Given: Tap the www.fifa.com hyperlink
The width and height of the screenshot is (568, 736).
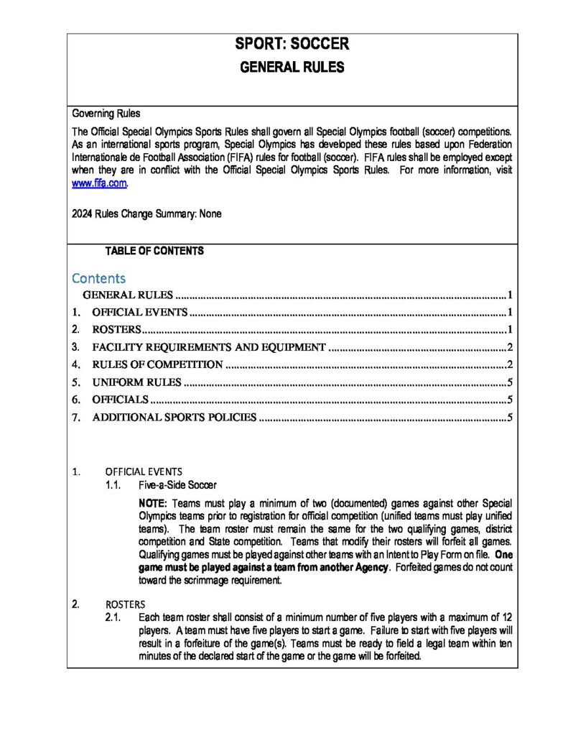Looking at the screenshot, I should click(x=100, y=183).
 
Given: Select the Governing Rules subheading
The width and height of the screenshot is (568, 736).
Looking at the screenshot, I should click(x=106, y=114).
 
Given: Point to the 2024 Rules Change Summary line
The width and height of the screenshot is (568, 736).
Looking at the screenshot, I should click(x=146, y=213).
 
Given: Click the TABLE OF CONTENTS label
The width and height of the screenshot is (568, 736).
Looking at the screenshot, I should click(x=154, y=251).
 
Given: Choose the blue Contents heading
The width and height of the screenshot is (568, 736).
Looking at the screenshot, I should click(x=98, y=277).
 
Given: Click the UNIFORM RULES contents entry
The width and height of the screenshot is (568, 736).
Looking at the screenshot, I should click(x=136, y=382).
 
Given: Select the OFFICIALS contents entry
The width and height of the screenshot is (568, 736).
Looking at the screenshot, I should click(x=120, y=400).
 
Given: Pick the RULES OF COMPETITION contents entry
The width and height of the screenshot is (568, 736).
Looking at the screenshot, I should click(x=157, y=364).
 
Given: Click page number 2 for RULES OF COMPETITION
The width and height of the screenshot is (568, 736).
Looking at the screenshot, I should click(x=508, y=364).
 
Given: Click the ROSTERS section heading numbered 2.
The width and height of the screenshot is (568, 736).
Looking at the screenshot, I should click(x=125, y=604).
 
